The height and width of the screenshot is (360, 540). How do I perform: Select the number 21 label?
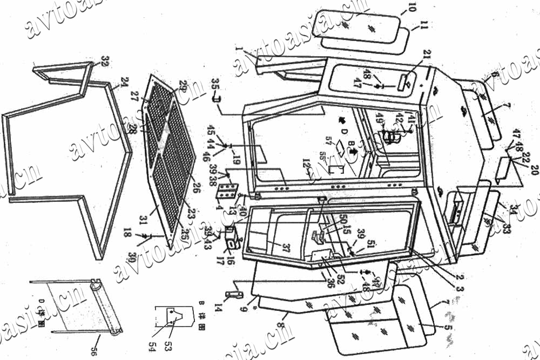427,55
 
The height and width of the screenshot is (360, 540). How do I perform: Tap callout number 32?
104,60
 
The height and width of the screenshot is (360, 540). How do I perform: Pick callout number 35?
215,86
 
